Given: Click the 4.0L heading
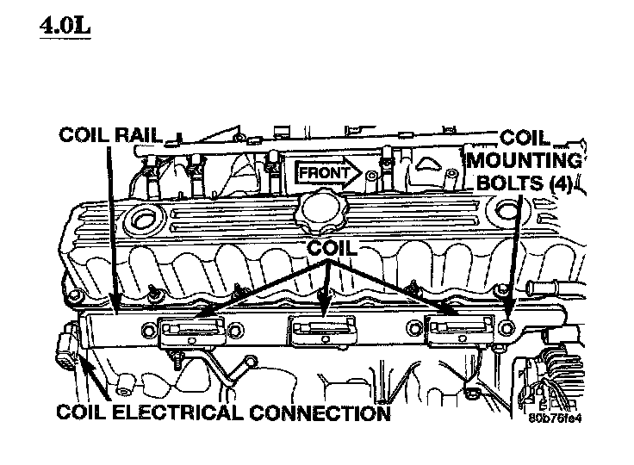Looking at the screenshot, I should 65,26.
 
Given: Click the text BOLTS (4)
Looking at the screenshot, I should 525,183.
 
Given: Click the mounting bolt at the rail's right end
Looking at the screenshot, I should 507,328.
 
